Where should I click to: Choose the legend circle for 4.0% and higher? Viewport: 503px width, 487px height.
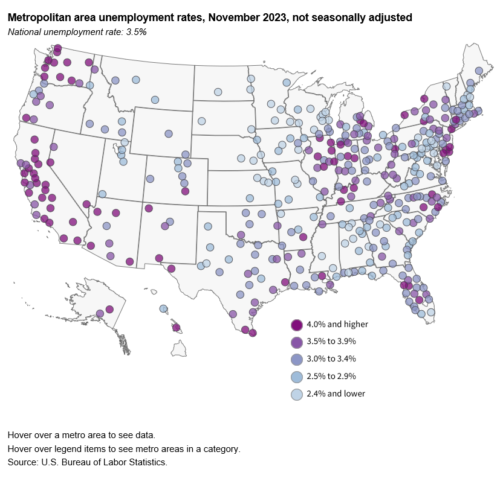pyautogui.click(x=297, y=325)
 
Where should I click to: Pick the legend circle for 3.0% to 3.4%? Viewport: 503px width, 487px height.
pyautogui.click(x=297, y=359)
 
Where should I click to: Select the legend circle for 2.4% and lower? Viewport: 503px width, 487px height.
pyautogui.click(x=297, y=393)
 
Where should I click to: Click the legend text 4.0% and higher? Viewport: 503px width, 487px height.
pyautogui.click(x=338, y=324)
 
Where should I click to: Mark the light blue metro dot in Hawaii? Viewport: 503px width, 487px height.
pyautogui.click(x=163, y=309)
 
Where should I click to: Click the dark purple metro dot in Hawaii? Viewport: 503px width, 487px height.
pyautogui.click(x=177, y=328)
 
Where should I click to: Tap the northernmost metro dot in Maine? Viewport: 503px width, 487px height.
pyautogui.click(x=478, y=71)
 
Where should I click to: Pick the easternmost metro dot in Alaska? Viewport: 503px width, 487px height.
pyautogui.click(x=109, y=309)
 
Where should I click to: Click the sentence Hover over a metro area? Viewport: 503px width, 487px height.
pyautogui.click(x=81, y=434)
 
